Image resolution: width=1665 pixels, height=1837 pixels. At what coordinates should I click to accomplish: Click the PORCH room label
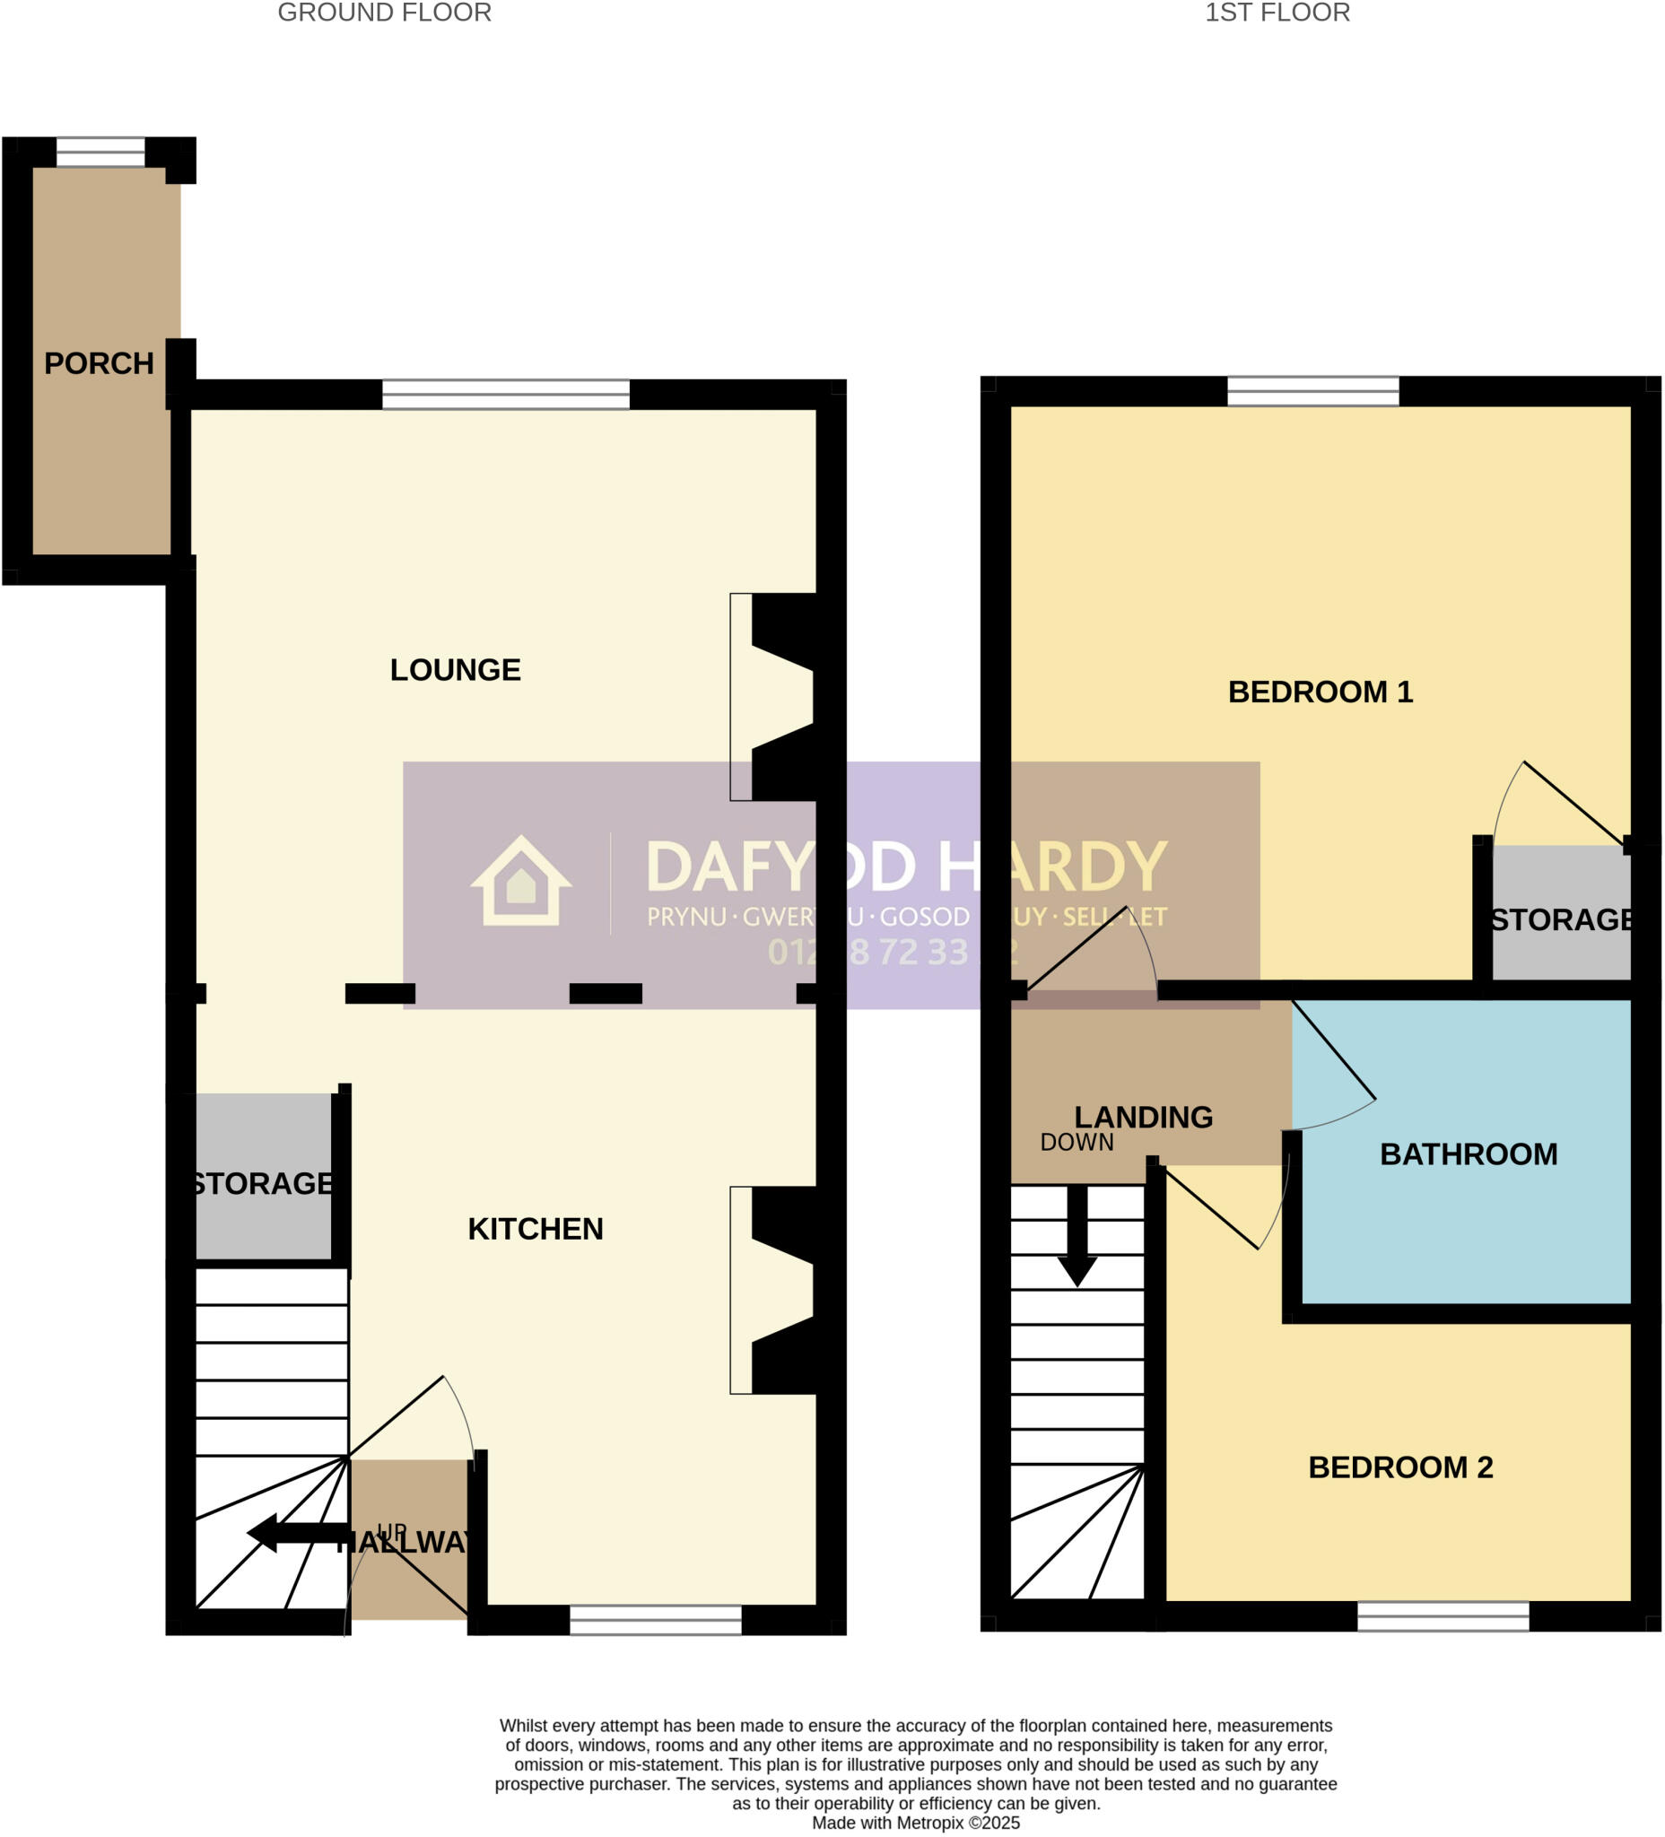[x=99, y=363]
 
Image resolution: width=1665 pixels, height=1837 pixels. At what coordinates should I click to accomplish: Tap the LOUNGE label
[x=455, y=670]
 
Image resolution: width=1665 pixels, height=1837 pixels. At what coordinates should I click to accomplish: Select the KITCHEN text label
[x=535, y=1228]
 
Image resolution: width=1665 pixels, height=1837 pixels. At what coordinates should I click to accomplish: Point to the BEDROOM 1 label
[x=1320, y=692]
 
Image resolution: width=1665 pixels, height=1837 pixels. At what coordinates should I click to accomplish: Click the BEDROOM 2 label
[x=1399, y=1467]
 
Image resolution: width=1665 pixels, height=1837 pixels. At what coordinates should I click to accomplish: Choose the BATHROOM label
[x=1469, y=1154]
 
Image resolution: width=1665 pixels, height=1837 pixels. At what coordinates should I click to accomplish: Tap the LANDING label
[x=1143, y=1116]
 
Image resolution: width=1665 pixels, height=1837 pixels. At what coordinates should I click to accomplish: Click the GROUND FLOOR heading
[x=384, y=13]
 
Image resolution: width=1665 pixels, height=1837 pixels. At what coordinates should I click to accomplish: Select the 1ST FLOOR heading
[x=1277, y=13]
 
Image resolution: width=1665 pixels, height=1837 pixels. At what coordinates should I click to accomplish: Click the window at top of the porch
[x=100, y=152]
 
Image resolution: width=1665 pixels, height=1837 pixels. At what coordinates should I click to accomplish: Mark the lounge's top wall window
[x=505, y=395]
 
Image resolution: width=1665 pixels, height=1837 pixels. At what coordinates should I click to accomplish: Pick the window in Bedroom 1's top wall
[x=1312, y=391]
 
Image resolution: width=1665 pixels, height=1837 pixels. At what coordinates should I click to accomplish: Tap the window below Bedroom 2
[x=1443, y=1615]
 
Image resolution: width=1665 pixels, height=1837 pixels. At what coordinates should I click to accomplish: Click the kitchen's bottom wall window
[x=655, y=1619]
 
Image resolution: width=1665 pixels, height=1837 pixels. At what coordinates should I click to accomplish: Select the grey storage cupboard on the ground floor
[x=263, y=1176]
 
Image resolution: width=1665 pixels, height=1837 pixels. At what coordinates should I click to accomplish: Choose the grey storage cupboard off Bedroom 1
[x=1560, y=912]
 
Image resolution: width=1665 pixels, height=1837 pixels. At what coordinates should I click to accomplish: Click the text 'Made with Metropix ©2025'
[x=915, y=1823]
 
